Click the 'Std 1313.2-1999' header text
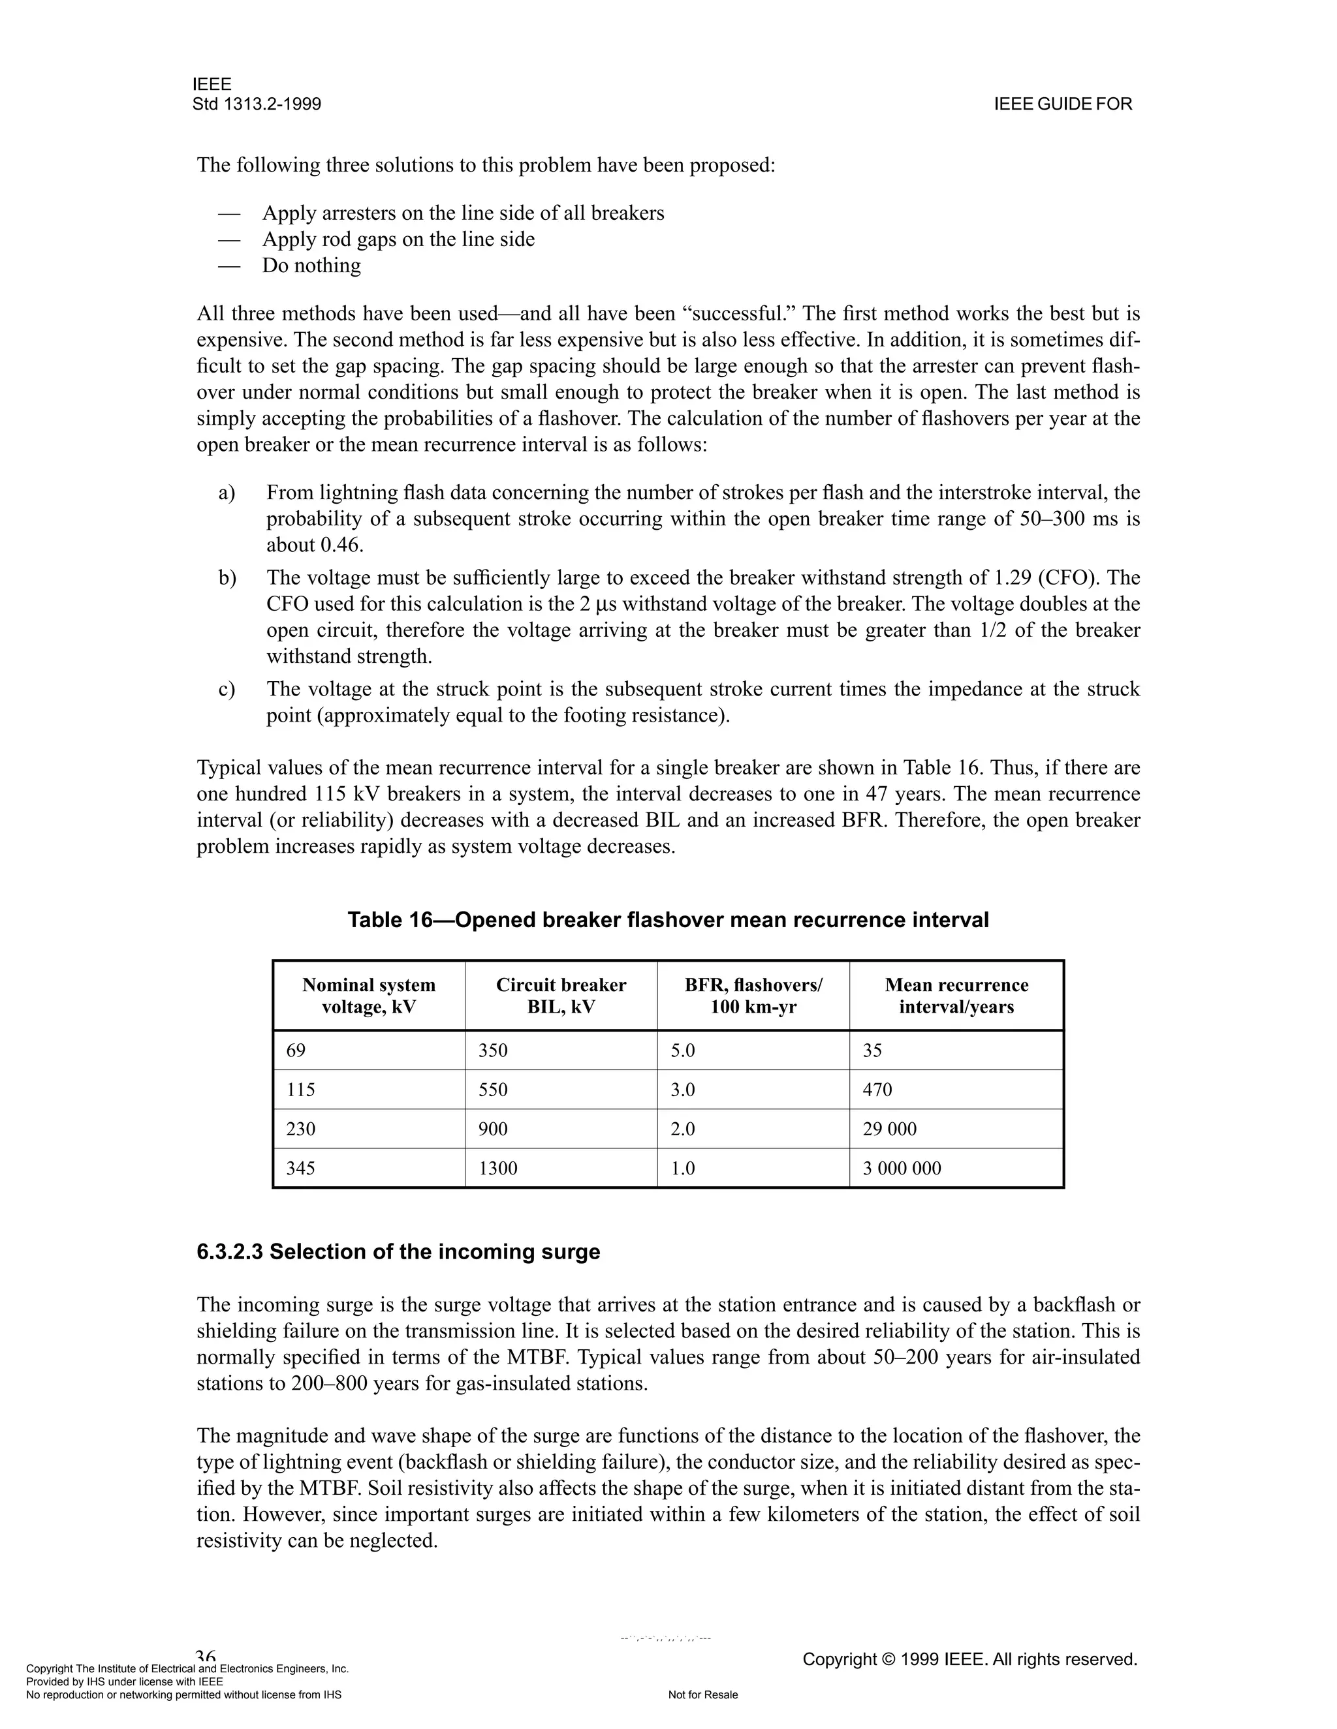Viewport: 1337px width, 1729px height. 257,104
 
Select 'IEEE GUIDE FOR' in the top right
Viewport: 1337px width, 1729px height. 1063,104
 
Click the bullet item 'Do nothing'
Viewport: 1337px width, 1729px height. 311,265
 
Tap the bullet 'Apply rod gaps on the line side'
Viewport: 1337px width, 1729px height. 398,239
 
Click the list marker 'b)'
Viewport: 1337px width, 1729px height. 227,578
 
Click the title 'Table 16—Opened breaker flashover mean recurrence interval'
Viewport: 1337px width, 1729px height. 668,920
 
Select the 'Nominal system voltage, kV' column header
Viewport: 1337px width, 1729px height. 368,996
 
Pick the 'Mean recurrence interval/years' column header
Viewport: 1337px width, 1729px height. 956,996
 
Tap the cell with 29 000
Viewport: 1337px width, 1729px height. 890,1129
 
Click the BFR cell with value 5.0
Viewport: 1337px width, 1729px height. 682,1050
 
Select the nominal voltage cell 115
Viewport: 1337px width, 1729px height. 300,1090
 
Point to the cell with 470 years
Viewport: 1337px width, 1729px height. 877,1090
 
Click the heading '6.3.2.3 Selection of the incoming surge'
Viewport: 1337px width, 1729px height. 398,1251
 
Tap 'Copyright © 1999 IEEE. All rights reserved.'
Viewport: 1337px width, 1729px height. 969,1659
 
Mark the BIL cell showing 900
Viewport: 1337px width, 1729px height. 493,1129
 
